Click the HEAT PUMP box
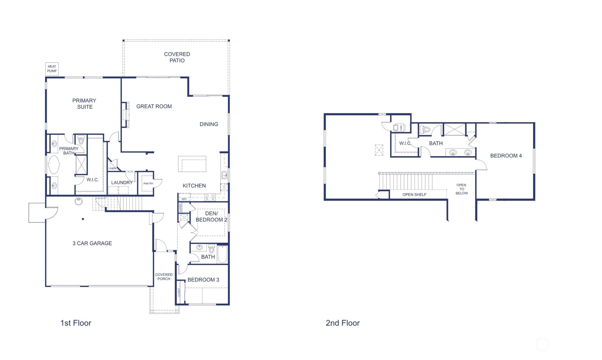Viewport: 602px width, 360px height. [x=52, y=69]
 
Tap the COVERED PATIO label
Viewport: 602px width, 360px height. [x=177, y=57]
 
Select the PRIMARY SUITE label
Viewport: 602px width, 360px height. [x=84, y=104]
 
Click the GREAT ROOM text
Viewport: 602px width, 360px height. [x=154, y=106]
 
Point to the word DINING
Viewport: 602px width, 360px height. [x=209, y=124]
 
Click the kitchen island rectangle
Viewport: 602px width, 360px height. [x=192, y=164]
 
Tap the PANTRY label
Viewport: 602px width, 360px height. [x=148, y=184]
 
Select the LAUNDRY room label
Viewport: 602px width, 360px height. [x=122, y=183]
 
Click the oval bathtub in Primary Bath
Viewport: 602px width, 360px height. [x=54, y=165]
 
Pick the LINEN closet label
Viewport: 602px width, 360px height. [x=112, y=168]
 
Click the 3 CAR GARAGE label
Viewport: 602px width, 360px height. [x=92, y=243]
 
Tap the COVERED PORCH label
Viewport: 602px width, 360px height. [x=164, y=277]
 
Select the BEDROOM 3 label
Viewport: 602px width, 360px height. [x=203, y=280]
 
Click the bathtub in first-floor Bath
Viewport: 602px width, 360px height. [x=223, y=254]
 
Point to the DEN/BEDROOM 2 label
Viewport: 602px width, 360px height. [x=211, y=216]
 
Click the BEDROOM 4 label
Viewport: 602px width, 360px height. [x=506, y=156]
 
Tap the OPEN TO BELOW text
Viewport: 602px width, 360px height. [x=461, y=189]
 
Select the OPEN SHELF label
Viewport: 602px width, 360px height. [x=414, y=195]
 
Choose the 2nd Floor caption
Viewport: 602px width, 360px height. [x=343, y=323]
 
